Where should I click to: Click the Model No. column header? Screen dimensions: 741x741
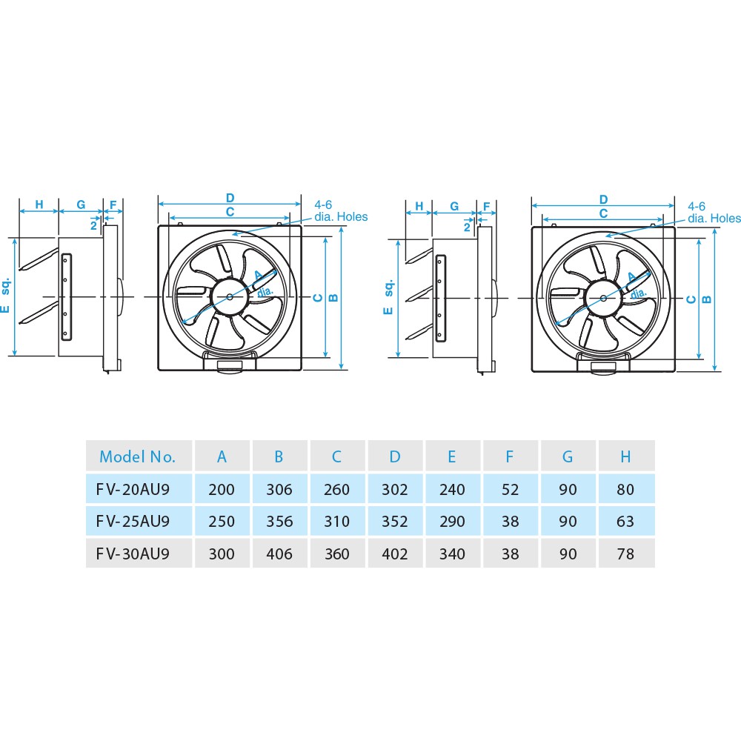click(x=137, y=456)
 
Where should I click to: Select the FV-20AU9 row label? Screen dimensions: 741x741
click(x=133, y=489)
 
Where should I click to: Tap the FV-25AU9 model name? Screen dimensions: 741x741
click(x=133, y=521)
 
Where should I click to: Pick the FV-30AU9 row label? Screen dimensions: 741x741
click(x=133, y=554)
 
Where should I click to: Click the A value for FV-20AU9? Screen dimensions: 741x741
click(x=222, y=489)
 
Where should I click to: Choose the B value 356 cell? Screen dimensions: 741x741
click(x=279, y=521)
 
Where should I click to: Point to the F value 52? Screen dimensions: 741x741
click(x=510, y=489)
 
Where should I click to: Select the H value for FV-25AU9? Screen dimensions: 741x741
click(x=625, y=521)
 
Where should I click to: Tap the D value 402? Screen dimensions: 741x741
click(x=395, y=554)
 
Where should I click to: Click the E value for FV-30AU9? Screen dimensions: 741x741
click(x=452, y=554)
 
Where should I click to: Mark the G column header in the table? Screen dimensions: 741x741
click(x=568, y=456)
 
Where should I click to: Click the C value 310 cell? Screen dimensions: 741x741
click(x=337, y=521)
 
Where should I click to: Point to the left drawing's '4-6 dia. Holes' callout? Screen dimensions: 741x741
click(x=341, y=210)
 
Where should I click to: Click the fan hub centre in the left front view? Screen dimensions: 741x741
click(x=229, y=297)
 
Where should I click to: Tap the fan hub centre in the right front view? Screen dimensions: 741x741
click(x=603, y=298)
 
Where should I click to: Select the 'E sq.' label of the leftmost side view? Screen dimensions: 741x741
click(x=5, y=295)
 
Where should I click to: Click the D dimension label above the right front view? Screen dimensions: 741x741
click(x=603, y=199)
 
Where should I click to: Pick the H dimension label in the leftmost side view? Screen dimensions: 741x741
click(x=39, y=205)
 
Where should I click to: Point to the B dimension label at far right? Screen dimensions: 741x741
click(x=706, y=299)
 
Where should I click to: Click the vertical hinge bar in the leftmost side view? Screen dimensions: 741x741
click(x=67, y=297)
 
